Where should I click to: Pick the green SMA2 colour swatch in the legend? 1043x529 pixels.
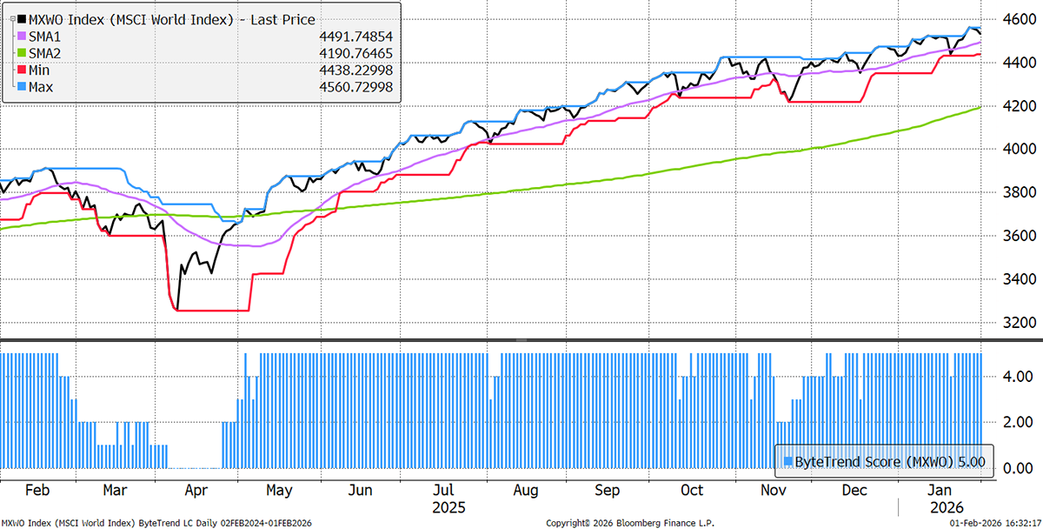[10, 53]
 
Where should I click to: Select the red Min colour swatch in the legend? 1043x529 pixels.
[10, 70]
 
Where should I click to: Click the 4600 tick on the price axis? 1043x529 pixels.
[1013, 19]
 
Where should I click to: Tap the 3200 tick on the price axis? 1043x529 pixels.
[1013, 322]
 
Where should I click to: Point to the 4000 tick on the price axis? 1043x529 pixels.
[1013, 149]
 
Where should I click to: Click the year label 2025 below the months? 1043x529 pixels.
[448, 506]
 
